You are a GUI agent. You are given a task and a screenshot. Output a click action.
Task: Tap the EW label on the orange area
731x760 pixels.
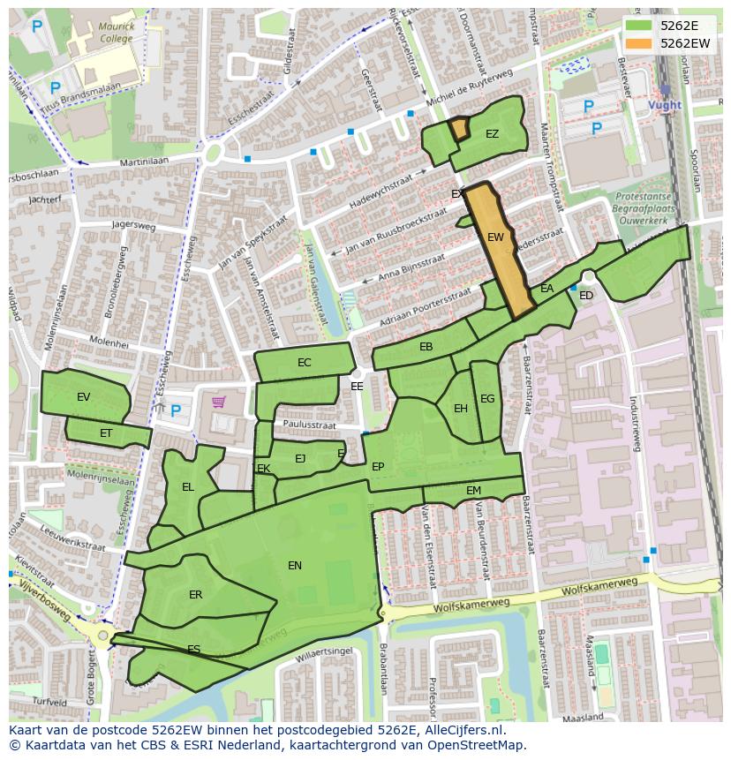pyautogui.click(x=495, y=237)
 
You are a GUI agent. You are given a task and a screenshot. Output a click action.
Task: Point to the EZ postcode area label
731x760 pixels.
pyautogui.click(x=492, y=134)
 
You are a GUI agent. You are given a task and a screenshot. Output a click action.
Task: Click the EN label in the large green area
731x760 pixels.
pyautogui.click(x=295, y=566)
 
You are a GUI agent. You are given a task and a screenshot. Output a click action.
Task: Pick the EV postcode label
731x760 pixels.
pyautogui.click(x=84, y=397)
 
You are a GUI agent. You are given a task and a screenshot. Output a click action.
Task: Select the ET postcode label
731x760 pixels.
pyautogui.click(x=106, y=433)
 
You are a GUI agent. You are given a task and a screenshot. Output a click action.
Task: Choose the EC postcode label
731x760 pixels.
pyautogui.click(x=305, y=363)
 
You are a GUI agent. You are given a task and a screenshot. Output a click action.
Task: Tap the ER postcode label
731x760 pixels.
pyautogui.click(x=195, y=595)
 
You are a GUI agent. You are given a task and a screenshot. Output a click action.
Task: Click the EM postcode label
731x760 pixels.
pyautogui.click(x=473, y=491)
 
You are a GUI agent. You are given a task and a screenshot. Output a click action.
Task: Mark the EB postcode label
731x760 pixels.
pyautogui.click(x=426, y=347)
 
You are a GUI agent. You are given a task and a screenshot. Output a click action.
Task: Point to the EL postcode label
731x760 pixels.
pyautogui.click(x=188, y=487)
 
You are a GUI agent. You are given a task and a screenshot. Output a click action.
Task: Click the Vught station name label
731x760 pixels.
pyautogui.click(x=665, y=105)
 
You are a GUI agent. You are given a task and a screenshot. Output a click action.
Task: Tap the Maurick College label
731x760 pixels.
pyautogui.click(x=117, y=33)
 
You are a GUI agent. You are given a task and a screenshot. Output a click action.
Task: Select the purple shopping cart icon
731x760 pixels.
pyautogui.click(x=218, y=403)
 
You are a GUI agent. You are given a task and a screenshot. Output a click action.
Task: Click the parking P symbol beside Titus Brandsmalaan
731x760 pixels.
pyautogui.click(x=55, y=88)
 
